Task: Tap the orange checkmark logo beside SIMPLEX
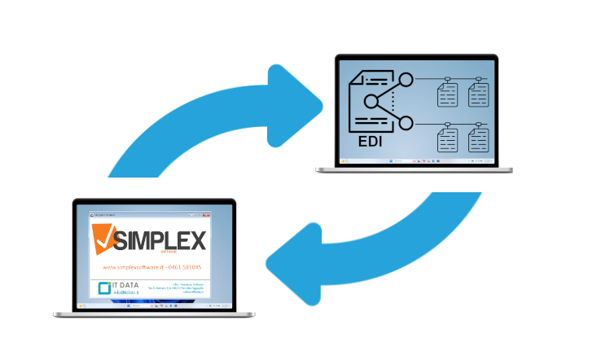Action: pos(104,238)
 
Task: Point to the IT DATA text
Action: pos(125,286)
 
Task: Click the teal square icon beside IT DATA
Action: pos(104,288)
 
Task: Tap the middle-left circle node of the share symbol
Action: pos(371,102)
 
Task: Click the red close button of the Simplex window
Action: pos(207,214)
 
